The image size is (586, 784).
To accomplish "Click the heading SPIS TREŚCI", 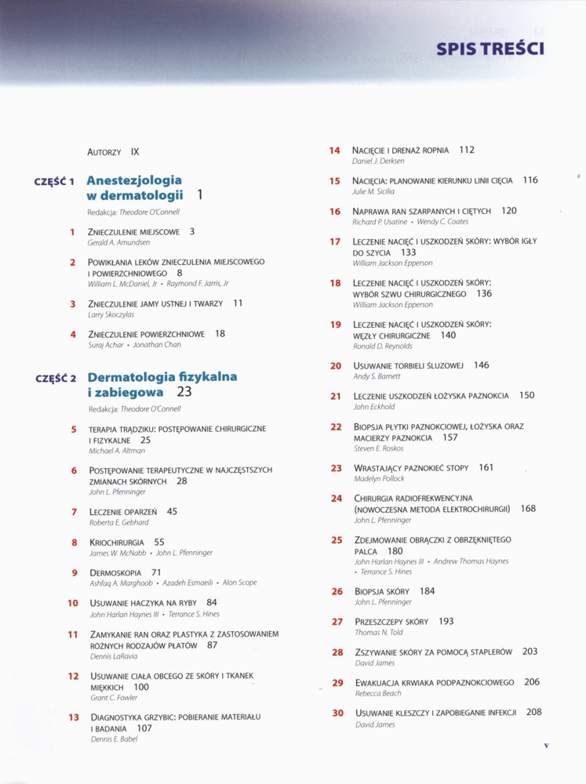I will point(490,49).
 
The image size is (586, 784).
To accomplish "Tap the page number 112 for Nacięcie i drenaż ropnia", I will point(467,150).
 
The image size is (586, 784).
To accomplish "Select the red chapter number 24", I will point(337,498).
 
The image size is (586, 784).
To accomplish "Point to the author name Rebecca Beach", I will point(377,694).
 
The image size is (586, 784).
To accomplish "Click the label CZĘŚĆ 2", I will point(55,378).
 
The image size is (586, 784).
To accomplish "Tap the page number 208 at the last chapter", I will point(533,712).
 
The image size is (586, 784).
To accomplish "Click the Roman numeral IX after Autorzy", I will point(135,151).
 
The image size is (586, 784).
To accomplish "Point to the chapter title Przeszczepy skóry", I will point(391,622).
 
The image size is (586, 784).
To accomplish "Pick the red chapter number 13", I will point(74,717).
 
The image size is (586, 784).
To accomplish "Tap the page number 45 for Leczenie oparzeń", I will point(172,511).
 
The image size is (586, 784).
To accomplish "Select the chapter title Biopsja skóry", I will point(382,591).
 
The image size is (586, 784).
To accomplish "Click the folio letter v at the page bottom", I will point(546,745).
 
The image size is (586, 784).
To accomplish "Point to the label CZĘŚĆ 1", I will point(54,181).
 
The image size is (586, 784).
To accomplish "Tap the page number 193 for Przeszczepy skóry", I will point(446,621).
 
